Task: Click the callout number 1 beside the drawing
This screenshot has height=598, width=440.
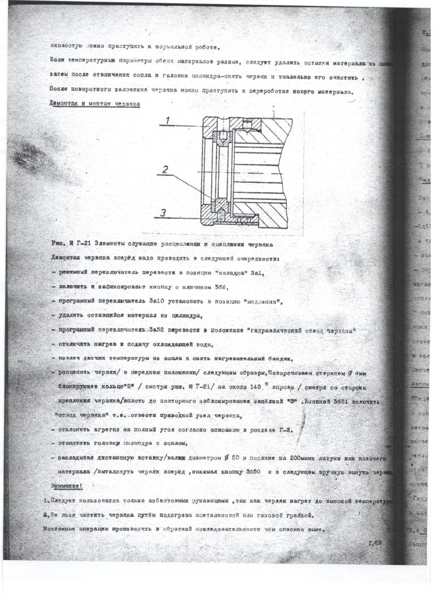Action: [167, 120]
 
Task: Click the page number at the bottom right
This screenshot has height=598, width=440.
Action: [375, 543]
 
